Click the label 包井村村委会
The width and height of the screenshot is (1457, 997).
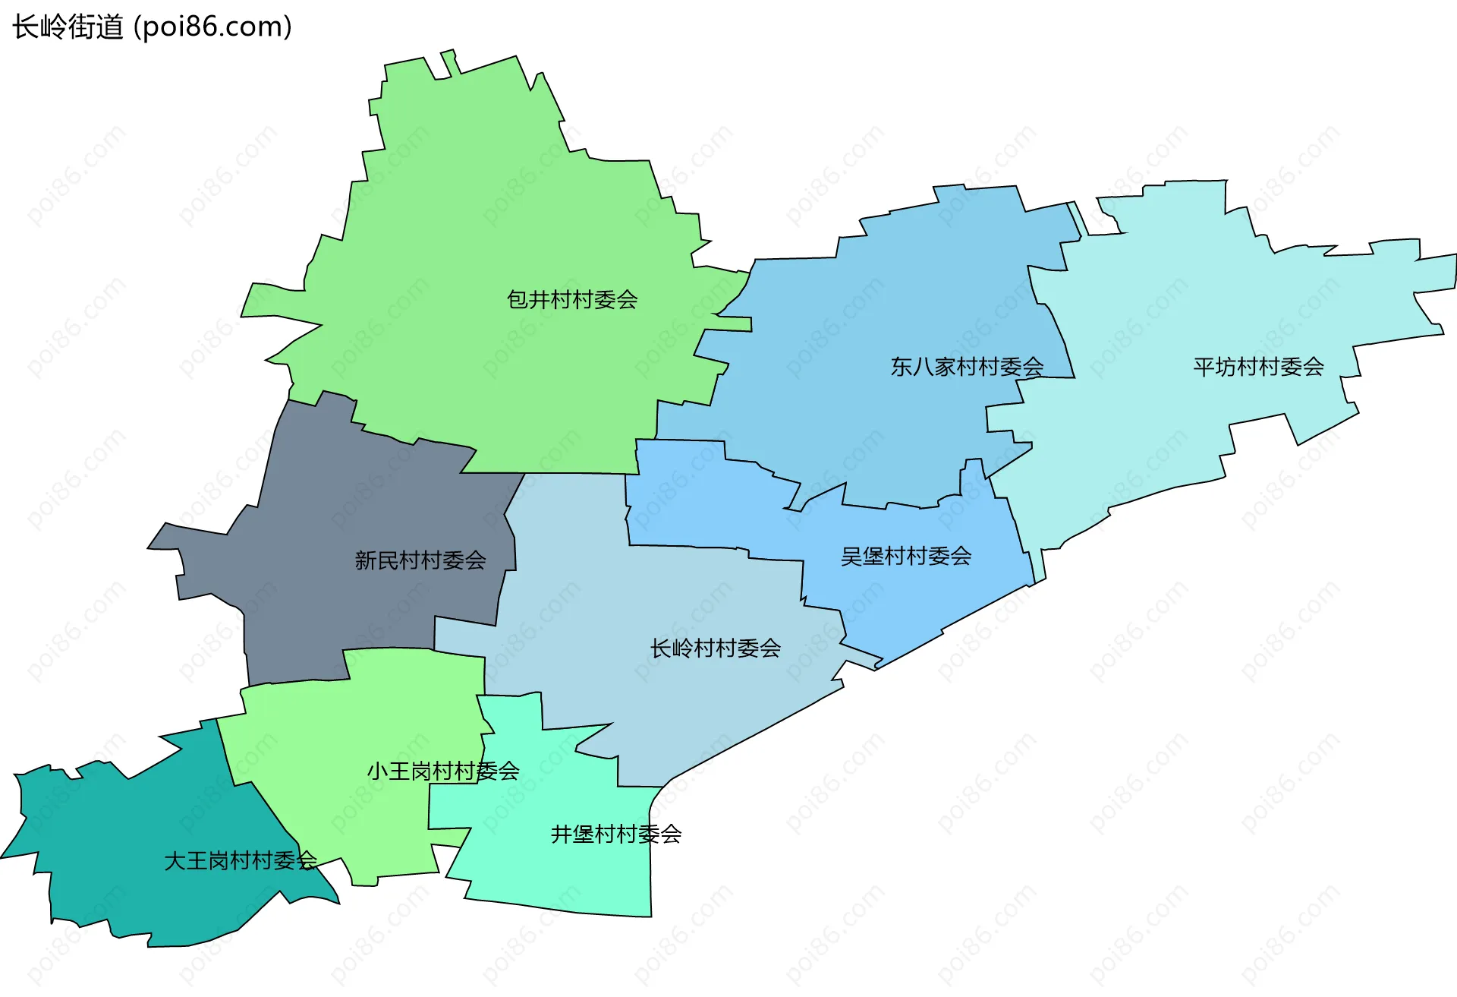[x=572, y=300]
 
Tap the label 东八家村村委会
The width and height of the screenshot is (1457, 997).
[x=967, y=368]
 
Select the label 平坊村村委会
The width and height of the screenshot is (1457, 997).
[x=1258, y=368]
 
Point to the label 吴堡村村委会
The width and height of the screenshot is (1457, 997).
[x=906, y=557]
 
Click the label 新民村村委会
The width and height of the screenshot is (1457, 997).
[x=420, y=560]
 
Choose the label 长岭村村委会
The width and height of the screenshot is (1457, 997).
[x=716, y=648]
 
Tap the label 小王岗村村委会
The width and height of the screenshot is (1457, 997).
[x=443, y=771]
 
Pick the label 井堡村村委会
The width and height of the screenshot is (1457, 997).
[x=616, y=835]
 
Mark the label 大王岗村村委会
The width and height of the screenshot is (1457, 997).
[x=241, y=861]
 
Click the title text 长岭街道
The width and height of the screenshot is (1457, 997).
[x=68, y=27]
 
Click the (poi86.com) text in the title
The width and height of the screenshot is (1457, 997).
[x=213, y=27]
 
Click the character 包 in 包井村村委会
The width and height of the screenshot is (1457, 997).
[x=518, y=300]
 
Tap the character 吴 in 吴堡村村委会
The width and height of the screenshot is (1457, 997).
[x=851, y=557]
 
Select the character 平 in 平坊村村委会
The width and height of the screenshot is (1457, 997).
[x=1204, y=368]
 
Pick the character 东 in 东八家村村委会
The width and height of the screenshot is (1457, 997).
[x=902, y=368]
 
